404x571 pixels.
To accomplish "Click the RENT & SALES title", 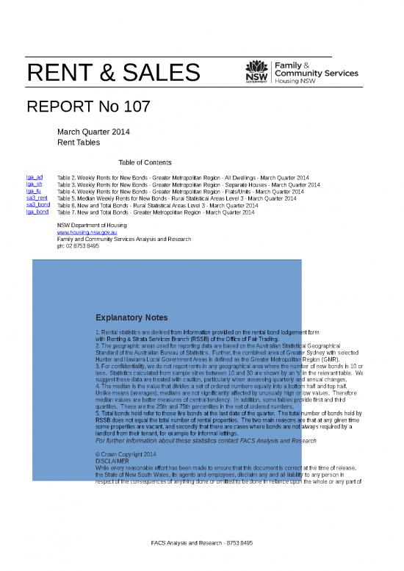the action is [113, 73].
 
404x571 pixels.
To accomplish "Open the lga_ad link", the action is [35, 178].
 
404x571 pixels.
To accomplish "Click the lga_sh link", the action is [35, 184].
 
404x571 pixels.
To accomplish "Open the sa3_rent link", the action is [37, 198].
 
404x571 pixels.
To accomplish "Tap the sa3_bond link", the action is [37, 205].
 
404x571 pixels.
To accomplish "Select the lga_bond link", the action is [37, 212].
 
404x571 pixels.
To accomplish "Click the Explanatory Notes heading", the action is [132, 318].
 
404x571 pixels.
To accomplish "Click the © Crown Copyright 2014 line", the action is [126, 455].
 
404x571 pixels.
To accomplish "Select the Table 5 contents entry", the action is [176, 198].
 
